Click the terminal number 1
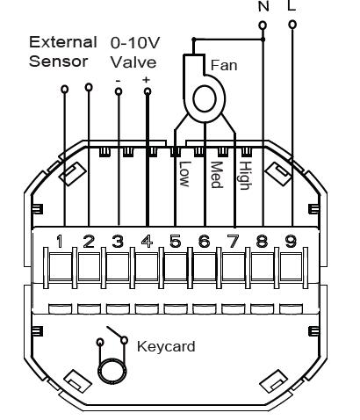pyautogui.click(x=60, y=242)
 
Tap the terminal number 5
pyautogui.click(x=176, y=242)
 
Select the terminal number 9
pyautogui.click(x=291, y=242)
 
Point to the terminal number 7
pyautogui.click(x=234, y=242)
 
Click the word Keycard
pyautogui.click(x=166, y=347)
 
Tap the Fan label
pyautogui.click(x=224, y=65)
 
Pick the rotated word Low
pyautogui.click(x=184, y=174)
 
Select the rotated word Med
pyautogui.click(x=217, y=174)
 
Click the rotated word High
pyautogui.click(x=245, y=176)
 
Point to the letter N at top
pyautogui.click(x=263, y=6)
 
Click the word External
pyautogui.click(x=63, y=42)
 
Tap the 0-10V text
pyautogui.click(x=135, y=43)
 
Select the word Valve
pyautogui.click(x=133, y=62)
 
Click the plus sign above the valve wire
pyautogui.click(x=146, y=79)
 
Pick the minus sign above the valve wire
pyautogui.click(x=118, y=81)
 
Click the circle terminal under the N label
pyautogui.click(x=263, y=25)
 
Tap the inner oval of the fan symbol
pyautogui.click(x=205, y=99)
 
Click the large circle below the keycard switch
pyautogui.click(x=112, y=371)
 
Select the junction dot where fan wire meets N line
pyautogui.click(x=263, y=39)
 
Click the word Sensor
pyautogui.click(x=59, y=62)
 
